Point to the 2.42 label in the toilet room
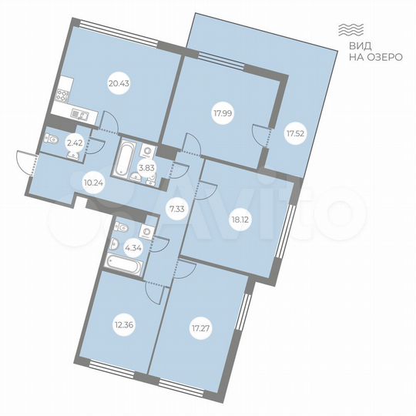[x=74, y=142]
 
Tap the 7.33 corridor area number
[x=176, y=207]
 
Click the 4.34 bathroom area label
[x=132, y=248]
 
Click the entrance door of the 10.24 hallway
[x=26, y=162]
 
